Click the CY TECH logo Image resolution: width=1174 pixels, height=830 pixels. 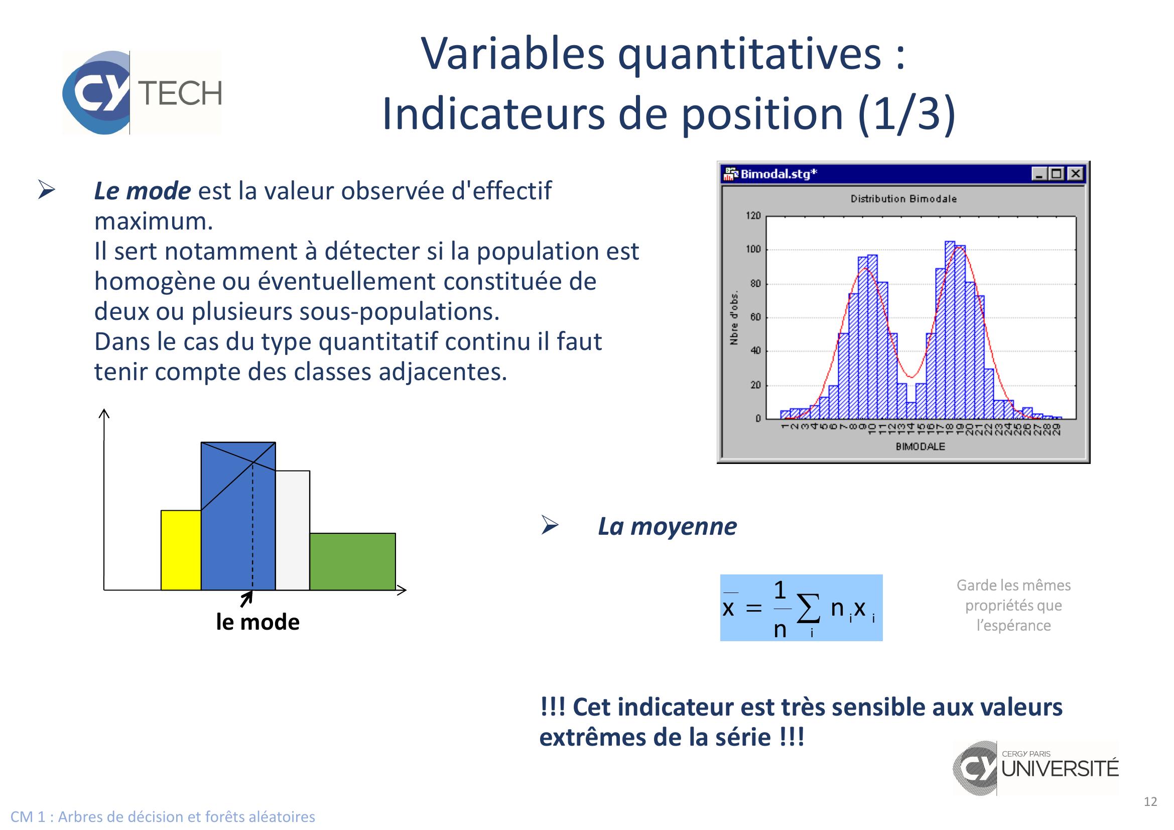pyautogui.click(x=142, y=92)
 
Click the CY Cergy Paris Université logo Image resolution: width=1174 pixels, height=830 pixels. pyautogui.click(x=1035, y=768)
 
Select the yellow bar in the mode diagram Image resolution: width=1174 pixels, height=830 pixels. pyautogui.click(x=181, y=550)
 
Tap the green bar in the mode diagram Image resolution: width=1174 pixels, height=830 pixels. pyautogui.click(x=352, y=561)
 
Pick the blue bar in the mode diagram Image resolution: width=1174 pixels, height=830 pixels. pyautogui.click(x=238, y=516)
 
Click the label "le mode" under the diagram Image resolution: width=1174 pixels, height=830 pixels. pyautogui.click(x=257, y=622)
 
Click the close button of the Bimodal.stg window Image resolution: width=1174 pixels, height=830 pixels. pyautogui.click(x=1075, y=174)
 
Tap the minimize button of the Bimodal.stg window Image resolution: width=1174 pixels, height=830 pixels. pyautogui.click(x=1039, y=174)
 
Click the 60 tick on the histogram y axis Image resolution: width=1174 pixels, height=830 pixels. pyautogui.click(x=755, y=317)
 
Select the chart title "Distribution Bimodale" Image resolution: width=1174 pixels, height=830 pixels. pyautogui.click(x=903, y=199)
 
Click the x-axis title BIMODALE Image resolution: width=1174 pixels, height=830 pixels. pyautogui.click(x=921, y=446)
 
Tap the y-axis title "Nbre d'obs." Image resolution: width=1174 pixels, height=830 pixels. pyautogui.click(x=734, y=317)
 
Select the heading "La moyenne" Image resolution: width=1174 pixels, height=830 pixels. pyautogui.click(x=667, y=526)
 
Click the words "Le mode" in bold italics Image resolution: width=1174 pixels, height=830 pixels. pyautogui.click(x=142, y=191)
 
